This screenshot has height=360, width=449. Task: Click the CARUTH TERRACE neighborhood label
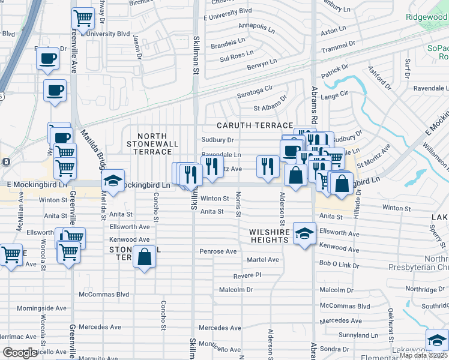pos(255,125)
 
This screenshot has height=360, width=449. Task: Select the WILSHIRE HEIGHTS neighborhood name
pos(270,236)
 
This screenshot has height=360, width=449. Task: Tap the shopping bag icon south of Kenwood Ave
pos(145,257)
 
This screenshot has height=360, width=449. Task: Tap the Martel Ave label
pos(263,260)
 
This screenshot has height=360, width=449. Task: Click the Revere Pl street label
pos(247,275)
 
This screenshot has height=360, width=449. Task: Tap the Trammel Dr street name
pos(339,47)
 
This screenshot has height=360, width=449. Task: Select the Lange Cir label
pos(335,94)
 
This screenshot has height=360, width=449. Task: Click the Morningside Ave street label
pos(41,308)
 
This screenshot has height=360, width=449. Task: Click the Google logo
pos(20,353)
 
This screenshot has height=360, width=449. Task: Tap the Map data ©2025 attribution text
pos(423,355)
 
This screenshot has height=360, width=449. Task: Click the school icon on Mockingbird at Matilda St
pos(112,181)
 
